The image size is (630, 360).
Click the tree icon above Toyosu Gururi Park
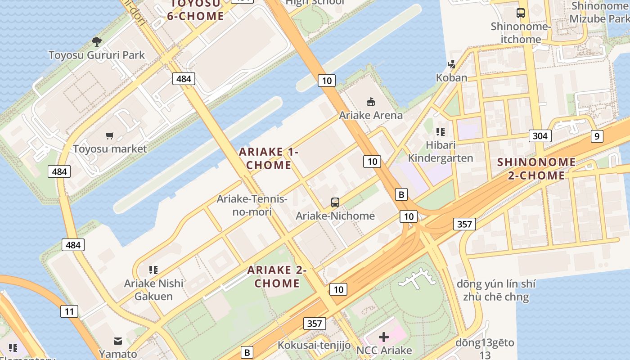point(96,42)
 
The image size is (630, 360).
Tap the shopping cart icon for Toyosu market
point(110,135)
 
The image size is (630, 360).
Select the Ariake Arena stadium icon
point(371,102)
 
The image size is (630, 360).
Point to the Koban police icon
point(451,64)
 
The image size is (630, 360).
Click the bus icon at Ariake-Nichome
point(335,202)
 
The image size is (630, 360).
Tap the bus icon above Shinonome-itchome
point(521,13)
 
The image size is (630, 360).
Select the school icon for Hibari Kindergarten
point(441,132)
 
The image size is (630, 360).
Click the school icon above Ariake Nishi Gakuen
point(153,270)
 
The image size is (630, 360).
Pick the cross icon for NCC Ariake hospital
point(384,337)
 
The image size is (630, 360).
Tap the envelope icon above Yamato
point(118,341)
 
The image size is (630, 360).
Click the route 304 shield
point(540,136)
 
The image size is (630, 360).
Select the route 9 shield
point(597,136)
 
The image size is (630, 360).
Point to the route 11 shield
point(69,311)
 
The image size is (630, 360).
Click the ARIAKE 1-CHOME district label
point(269,158)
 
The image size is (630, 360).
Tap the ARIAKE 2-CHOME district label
point(277,276)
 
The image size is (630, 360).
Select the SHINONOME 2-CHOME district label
point(536,169)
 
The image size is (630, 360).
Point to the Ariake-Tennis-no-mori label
point(252,205)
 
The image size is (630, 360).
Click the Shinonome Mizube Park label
point(599,12)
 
